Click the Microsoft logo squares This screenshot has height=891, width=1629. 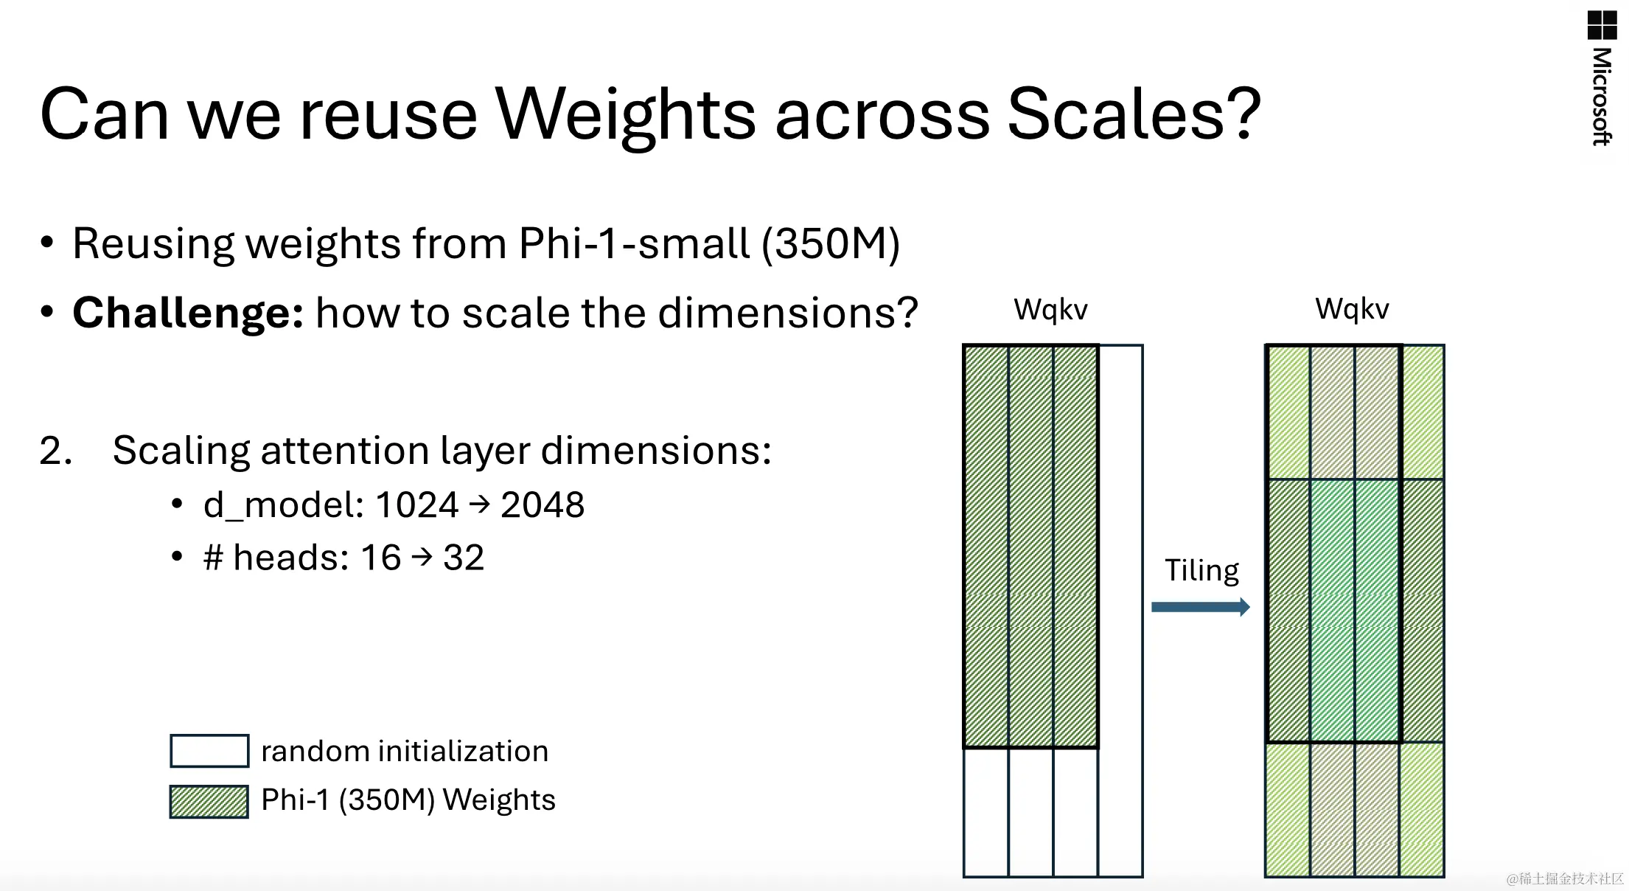(1602, 25)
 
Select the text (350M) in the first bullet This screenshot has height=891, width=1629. (831, 243)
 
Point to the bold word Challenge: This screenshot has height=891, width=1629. (188, 313)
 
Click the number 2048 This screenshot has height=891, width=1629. (543, 505)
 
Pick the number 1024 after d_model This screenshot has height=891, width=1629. (417, 505)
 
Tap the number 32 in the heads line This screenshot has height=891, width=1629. (464, 558)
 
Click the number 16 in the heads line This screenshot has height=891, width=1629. (380, 558)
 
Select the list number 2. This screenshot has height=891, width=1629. (55, 451)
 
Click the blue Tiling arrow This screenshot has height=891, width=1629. (1201, 607)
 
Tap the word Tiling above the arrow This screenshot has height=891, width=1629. (1201, 571)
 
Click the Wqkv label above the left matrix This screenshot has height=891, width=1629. (1050, 310)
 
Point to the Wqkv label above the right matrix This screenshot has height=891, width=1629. (1352, 309)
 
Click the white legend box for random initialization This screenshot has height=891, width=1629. (209, 751)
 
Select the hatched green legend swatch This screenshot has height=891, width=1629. (209, 802)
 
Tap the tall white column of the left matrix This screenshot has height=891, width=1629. (1120, 611)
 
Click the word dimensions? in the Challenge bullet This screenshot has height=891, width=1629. (788, 313)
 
